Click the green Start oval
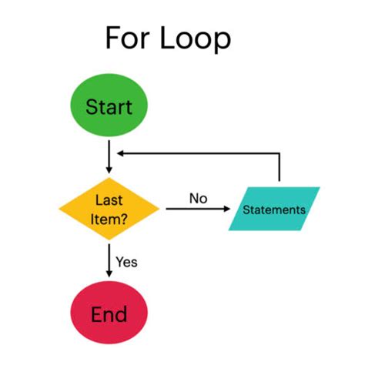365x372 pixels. [x=109, y=106]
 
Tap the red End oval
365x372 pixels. [x=109, y=314]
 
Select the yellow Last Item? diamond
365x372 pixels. [x=109, y=209]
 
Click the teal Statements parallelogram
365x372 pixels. [x=274, y=209]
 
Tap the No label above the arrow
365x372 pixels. [x=199, y=198]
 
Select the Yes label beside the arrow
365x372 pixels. [x=126, y=262]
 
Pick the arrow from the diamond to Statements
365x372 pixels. [x=196, y=209]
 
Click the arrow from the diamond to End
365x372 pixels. [x=109, y=262]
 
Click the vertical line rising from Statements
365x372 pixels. [x=280, y=169]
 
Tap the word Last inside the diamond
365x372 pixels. [x=109, y=200]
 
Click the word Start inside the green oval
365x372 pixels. [x=109, y=106]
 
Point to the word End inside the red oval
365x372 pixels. [x=109, y=314]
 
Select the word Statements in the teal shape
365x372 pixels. [x=274, y=209]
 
